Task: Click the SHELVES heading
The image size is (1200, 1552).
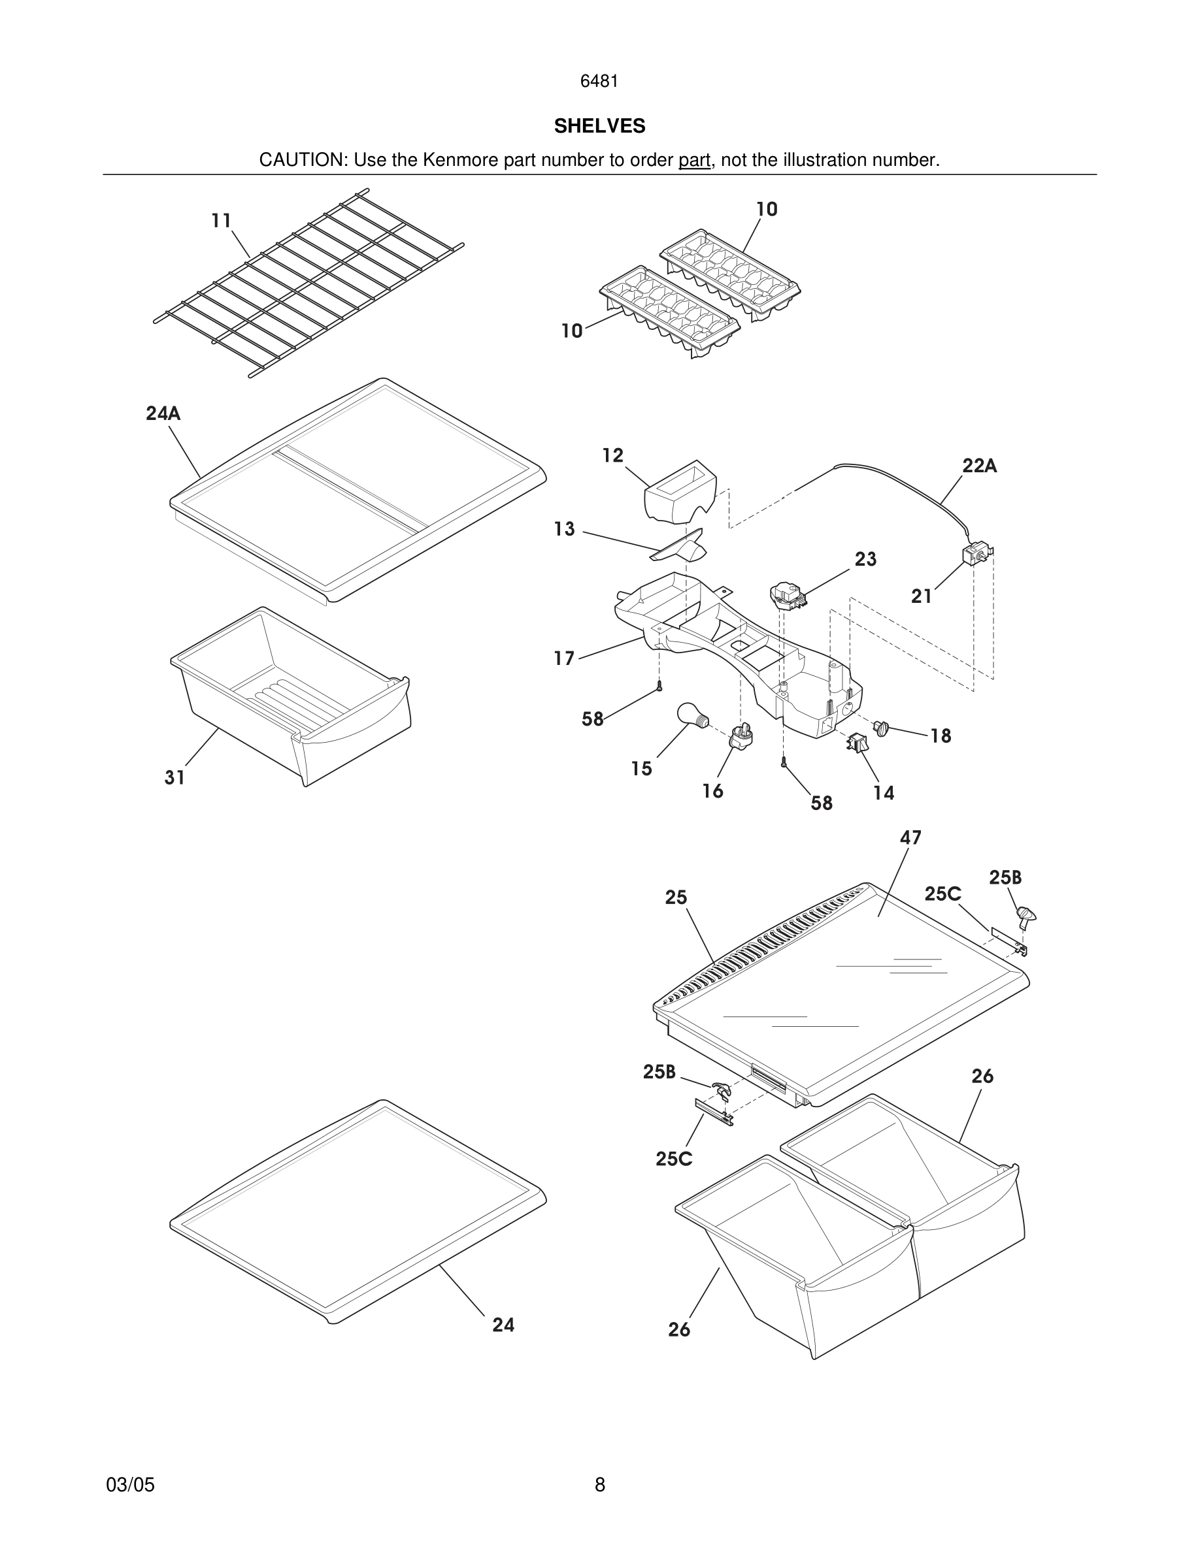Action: (599, 126)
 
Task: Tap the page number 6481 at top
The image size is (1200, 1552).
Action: (599, 81)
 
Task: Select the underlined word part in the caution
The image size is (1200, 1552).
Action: (694, 160)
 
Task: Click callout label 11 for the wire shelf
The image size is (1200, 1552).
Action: (221, 221)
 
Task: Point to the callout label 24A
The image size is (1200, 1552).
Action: (163, 413)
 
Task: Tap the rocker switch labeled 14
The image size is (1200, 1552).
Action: (857, 743)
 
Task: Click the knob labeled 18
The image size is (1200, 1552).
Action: (882, 728)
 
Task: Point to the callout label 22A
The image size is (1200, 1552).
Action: (979, 466)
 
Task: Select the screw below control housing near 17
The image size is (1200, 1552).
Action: (659, 686)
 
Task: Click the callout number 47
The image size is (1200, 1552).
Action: (910, 838)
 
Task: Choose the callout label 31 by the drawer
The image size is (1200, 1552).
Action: (175, 778)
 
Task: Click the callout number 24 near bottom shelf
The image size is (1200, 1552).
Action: (503, 1325)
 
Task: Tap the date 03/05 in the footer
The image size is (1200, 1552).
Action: (130, 1485)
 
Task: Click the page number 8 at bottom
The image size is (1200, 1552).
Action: (599, 1485)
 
